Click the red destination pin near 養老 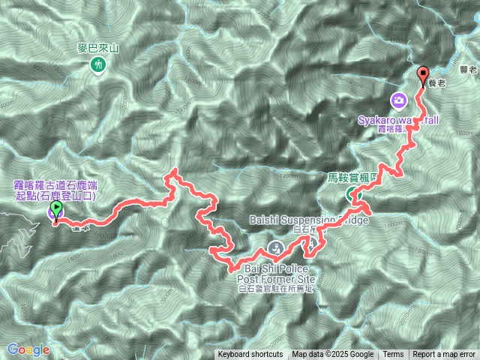click(x=423, y=75)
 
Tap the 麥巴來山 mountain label click(x=98, y=49)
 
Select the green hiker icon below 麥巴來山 click(x=98, y=66)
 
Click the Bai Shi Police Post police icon click(x=275, y=248)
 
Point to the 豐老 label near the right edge click(x=469, y=70)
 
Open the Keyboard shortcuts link click(x=250, y=355)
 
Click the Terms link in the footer click(x=393, y=355)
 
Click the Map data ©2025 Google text click(x=333, y=355)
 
